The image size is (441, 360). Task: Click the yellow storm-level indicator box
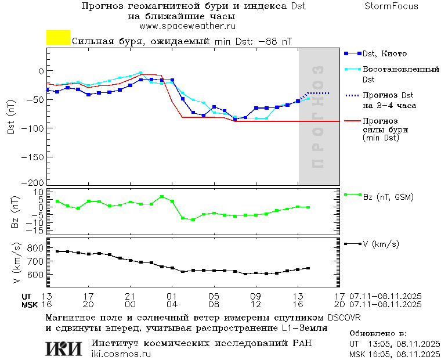pos(58,38)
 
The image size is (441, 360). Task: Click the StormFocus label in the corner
pos(391,6)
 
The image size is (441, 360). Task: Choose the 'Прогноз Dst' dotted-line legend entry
pos(388,95)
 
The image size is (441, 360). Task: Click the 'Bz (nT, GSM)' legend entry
pos(388,197)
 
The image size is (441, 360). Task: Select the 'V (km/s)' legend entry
pos(381,244)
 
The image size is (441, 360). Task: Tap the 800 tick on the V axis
pos(36,248)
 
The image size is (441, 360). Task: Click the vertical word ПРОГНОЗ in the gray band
pos(317,116)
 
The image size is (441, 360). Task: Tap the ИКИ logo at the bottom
pos(64,348)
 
